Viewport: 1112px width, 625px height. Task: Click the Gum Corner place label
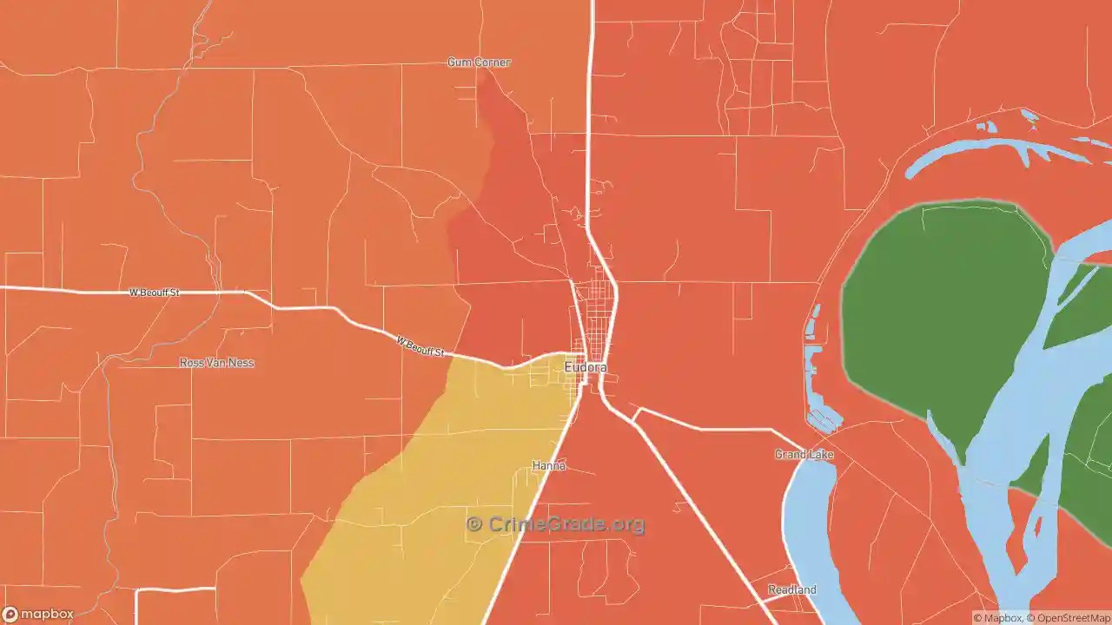coord(479,62)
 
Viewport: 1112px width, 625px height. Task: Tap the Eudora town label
coord(585,368)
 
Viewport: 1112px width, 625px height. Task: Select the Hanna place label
coord(549,466)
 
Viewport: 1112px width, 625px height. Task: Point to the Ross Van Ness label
coord(216,363)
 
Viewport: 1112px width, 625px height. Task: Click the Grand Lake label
coord(804,455)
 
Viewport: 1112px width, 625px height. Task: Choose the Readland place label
coord(791,590)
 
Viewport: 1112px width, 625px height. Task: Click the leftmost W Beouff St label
coord(154,293)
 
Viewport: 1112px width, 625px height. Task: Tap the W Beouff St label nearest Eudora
coord(420,346)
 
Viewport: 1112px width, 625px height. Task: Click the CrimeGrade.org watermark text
coord(566,524)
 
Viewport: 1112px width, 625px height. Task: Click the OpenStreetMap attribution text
coord(1069,618)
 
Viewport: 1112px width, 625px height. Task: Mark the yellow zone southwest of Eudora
coord(434,486)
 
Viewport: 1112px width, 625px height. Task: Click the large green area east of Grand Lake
coord(938,312)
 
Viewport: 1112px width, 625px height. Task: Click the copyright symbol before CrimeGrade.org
coord(474,524)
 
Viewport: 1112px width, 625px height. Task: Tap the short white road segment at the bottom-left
coord(174,589)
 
